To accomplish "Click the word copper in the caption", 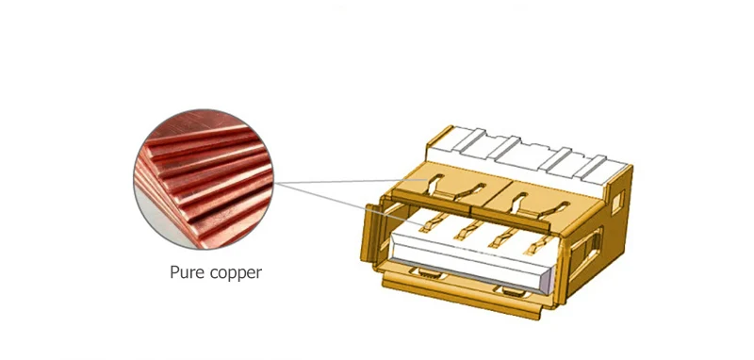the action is point(237,273).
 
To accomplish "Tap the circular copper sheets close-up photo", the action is point(204,179).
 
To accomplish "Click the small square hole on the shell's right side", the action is point(617,202).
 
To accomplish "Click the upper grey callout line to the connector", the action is point(350,181).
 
